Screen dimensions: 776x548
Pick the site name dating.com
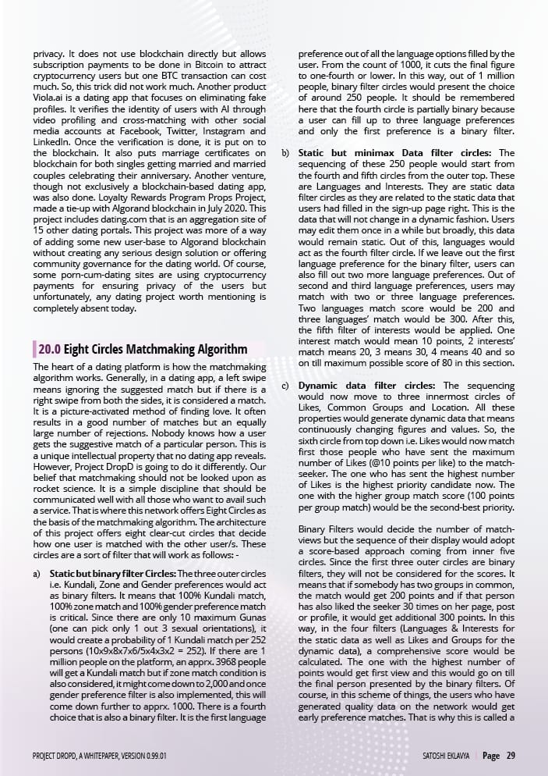pyautogui.click(x=124, y=230)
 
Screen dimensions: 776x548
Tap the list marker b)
pyautogui.click(x=285, y=153)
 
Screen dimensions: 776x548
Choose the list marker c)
pyautogui.click(x=285, y=386)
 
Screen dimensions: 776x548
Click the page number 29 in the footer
pyautogui.click(x=510, y=756)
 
